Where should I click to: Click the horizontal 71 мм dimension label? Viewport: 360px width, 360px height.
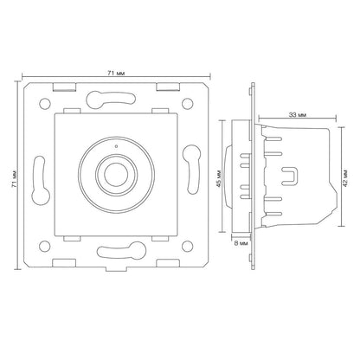(116, 74)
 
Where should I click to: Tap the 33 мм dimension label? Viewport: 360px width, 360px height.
(298, 115)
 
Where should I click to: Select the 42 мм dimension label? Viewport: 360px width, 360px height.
(345, 178)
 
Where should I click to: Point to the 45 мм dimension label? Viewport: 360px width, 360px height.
(219, 179)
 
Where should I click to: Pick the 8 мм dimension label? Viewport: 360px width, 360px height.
(241, 243)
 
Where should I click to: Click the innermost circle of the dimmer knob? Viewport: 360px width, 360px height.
(117, 175)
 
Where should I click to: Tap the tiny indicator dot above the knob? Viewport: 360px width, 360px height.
(116, 146)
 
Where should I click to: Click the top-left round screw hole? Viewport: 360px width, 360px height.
(45, 104)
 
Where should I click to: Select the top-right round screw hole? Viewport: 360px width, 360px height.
(187, 104)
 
